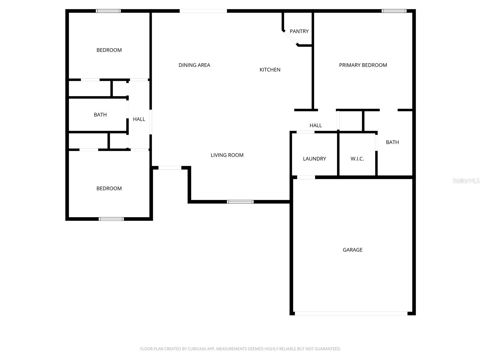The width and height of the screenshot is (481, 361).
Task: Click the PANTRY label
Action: coord(299,31)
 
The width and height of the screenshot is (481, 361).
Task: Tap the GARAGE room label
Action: coord(353,250)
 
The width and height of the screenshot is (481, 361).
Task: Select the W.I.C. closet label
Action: coord(357,159)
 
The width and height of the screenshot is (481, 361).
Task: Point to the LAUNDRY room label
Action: coord(314,159)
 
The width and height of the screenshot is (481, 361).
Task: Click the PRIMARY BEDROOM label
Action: coord(363,65)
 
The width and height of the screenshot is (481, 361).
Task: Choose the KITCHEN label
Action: coord(270,69)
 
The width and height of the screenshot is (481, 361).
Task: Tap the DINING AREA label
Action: coord(194,65)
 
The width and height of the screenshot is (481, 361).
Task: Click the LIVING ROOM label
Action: coord(227,155)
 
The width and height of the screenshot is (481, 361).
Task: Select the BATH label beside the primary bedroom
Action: coord(392,142)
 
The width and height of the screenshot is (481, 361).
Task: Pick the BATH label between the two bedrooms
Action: coord(100,115)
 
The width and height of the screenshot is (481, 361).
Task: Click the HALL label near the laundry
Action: coord(316,125)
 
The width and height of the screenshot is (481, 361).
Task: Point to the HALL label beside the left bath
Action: coord(139,119)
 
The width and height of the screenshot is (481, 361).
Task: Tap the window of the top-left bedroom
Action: coord(108,11)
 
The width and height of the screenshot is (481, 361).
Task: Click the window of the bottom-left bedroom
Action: coord(111,219)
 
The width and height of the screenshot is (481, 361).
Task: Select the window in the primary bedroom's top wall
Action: coord(394,11)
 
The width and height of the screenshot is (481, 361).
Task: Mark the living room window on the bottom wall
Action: coord(240,202)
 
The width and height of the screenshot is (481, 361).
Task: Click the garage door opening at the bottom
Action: coord(351,313)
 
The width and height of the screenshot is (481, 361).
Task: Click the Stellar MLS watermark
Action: coord(466,180)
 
